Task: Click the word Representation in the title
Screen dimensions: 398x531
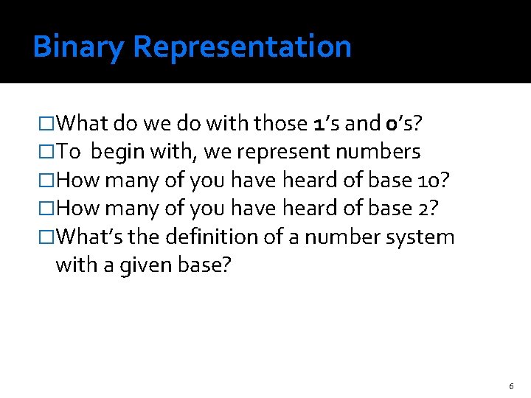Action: pyautogui.click(x=243, y=47)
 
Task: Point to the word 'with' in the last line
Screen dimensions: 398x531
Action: pyautogui.click(x=72, y=265)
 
